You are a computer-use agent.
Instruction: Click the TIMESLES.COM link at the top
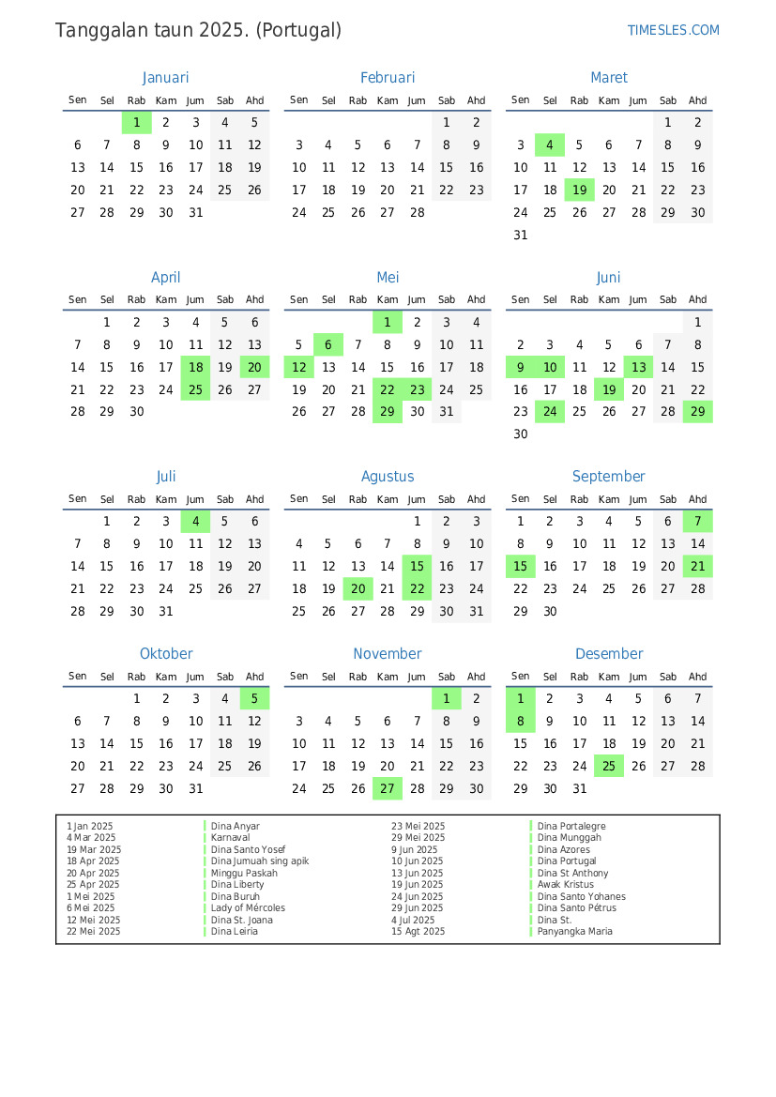click(x=673, y=30)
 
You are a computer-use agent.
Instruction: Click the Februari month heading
click(x=387, y=78)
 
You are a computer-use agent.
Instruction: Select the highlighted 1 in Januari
click(x=137, y=122)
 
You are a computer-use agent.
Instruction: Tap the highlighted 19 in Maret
click(x=580, y=190)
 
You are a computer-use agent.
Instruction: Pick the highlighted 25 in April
click(x=195, y=389)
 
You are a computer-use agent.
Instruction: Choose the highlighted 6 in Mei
click(x=328, y=344)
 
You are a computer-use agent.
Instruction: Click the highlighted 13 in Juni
click(x=639, y=367)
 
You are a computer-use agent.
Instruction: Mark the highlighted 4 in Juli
click(x=195, y=522)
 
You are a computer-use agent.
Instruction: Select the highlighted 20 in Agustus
click(x=358, y=589)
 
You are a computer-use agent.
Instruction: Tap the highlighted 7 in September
click(x=697, y=522)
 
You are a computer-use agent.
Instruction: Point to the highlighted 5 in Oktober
click(x=254, y=698)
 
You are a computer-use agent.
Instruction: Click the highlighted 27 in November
click(x=387, y=788)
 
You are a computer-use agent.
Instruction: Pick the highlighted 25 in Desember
click(x=609, y=766)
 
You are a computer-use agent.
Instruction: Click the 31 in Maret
click(x=521, y=236)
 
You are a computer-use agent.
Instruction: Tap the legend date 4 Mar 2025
click(x=91, y=838)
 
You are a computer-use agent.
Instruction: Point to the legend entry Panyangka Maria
click(x=574, y=932)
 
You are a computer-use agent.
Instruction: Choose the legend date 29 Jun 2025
click(x=418, y=908)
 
